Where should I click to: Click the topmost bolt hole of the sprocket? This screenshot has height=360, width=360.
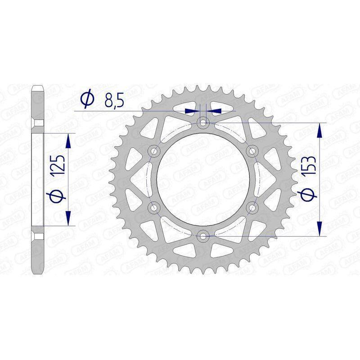(x=203, y=122)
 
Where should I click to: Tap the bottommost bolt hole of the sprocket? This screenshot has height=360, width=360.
(x=203, y=235)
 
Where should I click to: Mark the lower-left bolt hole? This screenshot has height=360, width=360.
(x=154, y=207)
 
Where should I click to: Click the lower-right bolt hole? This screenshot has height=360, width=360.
(x=252, y=207)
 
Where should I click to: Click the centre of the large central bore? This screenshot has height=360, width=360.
(x=203, y=179)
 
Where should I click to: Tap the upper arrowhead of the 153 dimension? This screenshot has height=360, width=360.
(x=320, y=130)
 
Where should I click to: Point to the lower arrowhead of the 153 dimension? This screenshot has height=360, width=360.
(x=320, y=228)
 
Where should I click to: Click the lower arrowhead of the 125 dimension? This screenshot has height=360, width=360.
(x=68, y=218)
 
